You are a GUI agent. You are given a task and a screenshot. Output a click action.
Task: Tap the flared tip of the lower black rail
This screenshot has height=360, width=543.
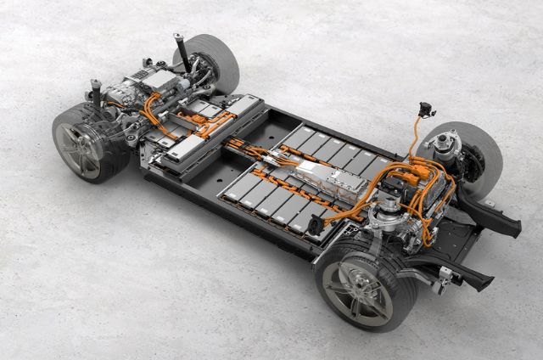coord(480,280)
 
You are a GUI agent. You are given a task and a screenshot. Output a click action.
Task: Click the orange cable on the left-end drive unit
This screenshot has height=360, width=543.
coord(153,107)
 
